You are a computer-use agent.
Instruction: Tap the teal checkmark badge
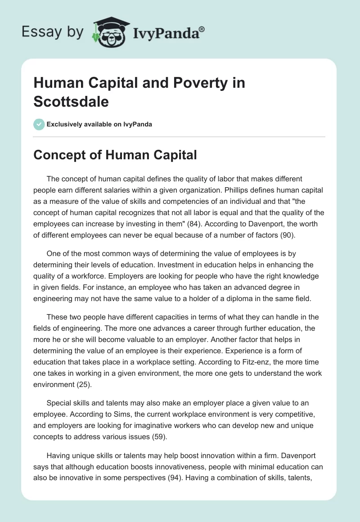pos(39,124)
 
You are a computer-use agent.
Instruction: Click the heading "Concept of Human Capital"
pos(115,155)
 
